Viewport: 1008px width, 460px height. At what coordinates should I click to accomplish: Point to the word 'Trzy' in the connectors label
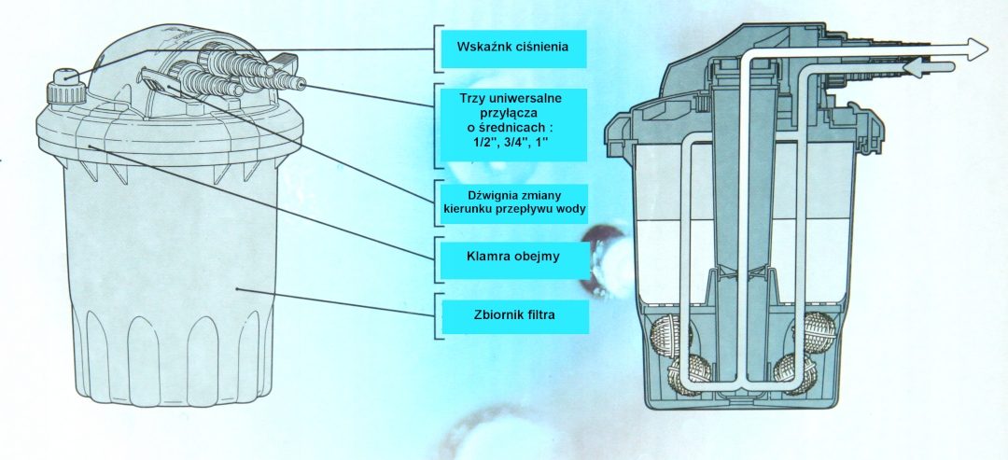coord(470,95)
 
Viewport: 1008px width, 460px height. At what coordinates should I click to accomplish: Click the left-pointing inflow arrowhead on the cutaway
coord(912,67)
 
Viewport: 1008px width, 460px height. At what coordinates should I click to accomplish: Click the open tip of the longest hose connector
coord(301,84)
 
